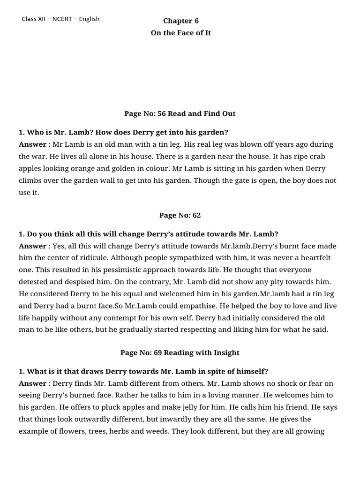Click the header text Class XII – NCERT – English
(60, 19)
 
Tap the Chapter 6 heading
(180, 21)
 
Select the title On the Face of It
(180, 33)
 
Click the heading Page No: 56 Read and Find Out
(180, 113)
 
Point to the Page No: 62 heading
(180, 215)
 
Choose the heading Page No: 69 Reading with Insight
(180, 352)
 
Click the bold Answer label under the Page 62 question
(32, 246)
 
